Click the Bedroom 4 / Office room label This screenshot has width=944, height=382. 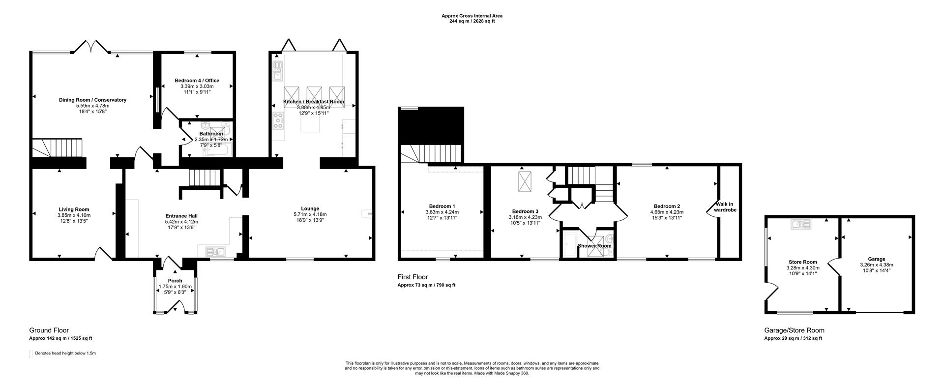[x=197, y=81]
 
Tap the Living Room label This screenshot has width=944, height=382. [x=74, y=209]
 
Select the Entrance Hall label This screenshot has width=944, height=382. [x=181, y=216]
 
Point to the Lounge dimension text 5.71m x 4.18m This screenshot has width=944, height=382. [x=310, y=214]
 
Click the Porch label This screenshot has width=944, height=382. [x=175, y=281]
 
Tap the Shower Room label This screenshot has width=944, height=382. [x=594, y=246]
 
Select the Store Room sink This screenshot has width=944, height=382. [x=801, y=225]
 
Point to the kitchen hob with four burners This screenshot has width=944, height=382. [x=278, y=121]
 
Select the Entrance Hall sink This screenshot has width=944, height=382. [x=215, y=252]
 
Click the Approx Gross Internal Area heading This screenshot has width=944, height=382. [x=472, y=16]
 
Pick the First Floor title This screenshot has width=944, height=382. [x=413, y=277]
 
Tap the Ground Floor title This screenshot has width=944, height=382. [x=49, y=330]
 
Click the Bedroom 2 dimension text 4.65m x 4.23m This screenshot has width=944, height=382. [x=667, y=212]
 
